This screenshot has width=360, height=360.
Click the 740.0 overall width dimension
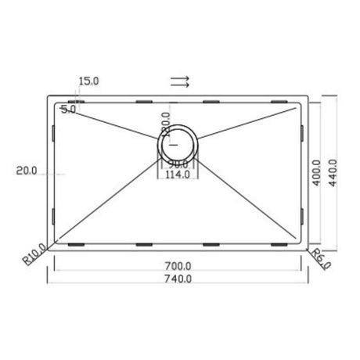tap(179, 279)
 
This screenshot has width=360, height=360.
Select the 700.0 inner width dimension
tap(179, 266)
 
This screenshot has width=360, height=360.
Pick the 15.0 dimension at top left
tap(89, 81)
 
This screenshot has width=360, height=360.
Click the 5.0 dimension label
tap(68, 110)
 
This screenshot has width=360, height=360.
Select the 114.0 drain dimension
tap(179, 175)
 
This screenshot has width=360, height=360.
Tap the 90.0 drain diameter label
tap(179, 164)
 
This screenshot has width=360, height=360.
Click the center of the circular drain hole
tap(180, 142)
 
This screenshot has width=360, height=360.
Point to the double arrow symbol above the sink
tap(180, 80)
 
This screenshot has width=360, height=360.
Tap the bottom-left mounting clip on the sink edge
tap(77, 244)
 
